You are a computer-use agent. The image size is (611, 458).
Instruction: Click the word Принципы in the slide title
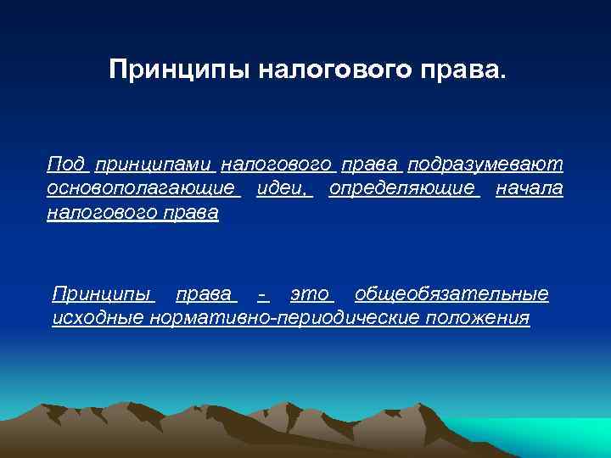(x=165, y=70)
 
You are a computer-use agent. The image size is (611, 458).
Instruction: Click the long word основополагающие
(x=141, y=187)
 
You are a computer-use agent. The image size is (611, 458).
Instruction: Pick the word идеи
(x=283, y=187)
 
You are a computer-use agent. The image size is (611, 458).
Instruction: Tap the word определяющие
(x=402, y=187)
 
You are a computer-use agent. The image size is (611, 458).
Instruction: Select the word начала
(x=529, y=187)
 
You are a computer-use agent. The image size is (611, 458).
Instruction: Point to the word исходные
(x=98, y=318)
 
